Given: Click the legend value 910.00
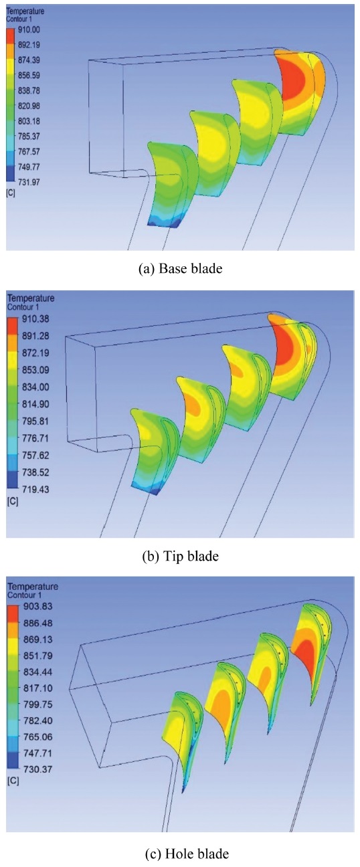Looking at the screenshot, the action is [29, 30].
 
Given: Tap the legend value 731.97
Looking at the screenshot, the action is [29, 182].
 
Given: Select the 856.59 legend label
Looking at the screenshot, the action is [29, 75].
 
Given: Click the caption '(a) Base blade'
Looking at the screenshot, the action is [181, 269].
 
